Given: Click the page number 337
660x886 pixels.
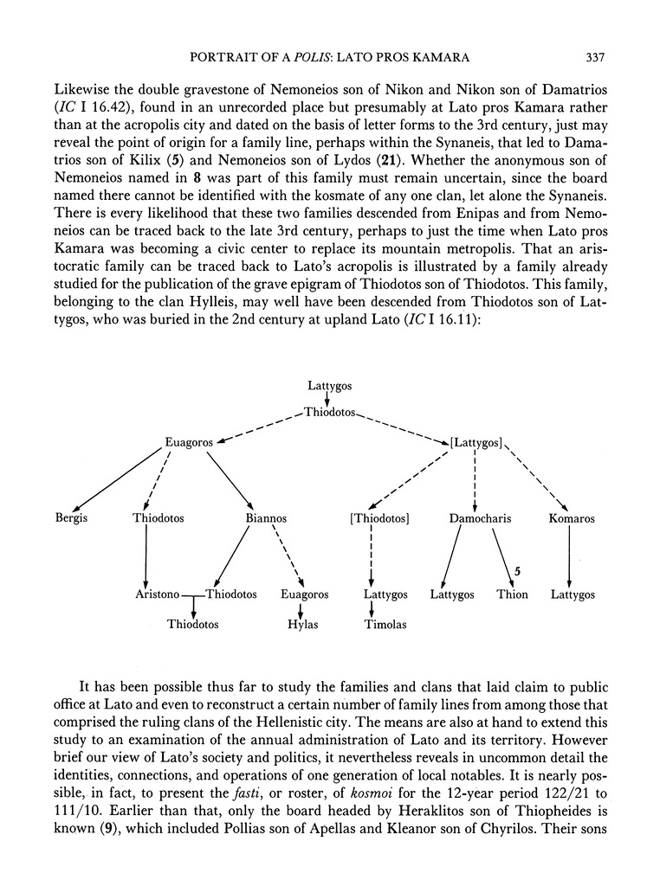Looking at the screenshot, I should [x=593, y=58].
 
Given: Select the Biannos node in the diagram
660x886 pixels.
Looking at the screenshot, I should [x=267, y=519].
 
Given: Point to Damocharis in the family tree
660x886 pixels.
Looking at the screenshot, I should [x=480, y=519].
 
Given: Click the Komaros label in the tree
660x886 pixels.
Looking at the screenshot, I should [x=572, y=519].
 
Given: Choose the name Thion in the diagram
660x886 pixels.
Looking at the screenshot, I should [x=512, y=595].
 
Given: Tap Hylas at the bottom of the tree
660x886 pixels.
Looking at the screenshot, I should [x=302, y=624].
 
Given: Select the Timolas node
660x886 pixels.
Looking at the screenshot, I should [x=385, y=624].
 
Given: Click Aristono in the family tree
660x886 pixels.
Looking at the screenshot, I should [x=158, y=595].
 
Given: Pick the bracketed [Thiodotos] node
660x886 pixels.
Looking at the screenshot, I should [x=378, y=519].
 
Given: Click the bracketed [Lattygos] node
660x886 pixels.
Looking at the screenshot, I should [x=476, y=442].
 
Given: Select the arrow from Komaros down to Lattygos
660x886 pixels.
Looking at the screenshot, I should [x=568, y=557].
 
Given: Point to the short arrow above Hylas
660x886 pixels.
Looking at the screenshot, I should [x=301, y=609].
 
